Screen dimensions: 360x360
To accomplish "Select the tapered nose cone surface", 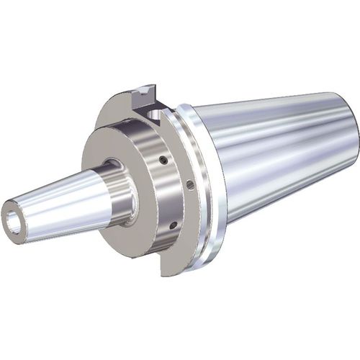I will click(x=58, y=202).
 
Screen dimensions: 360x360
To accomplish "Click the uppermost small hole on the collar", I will click(x=163, y=161).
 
